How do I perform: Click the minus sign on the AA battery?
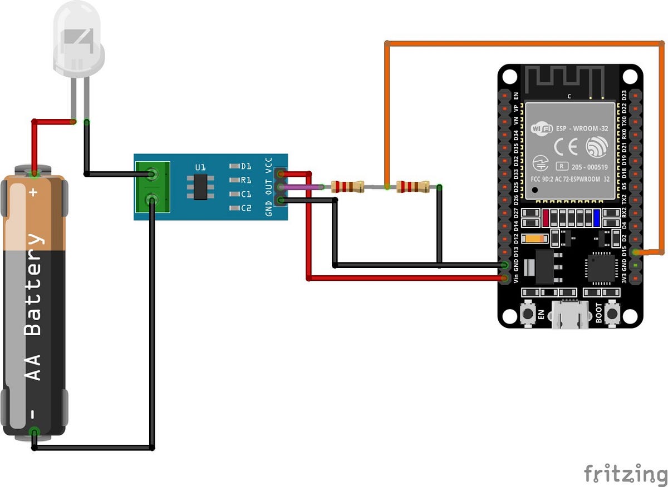33,415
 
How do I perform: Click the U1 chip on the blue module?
200,187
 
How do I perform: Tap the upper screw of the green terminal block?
151,174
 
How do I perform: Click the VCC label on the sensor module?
269,164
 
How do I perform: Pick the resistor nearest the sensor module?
347,187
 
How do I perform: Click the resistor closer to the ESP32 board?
413,187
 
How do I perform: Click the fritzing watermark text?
625,474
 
